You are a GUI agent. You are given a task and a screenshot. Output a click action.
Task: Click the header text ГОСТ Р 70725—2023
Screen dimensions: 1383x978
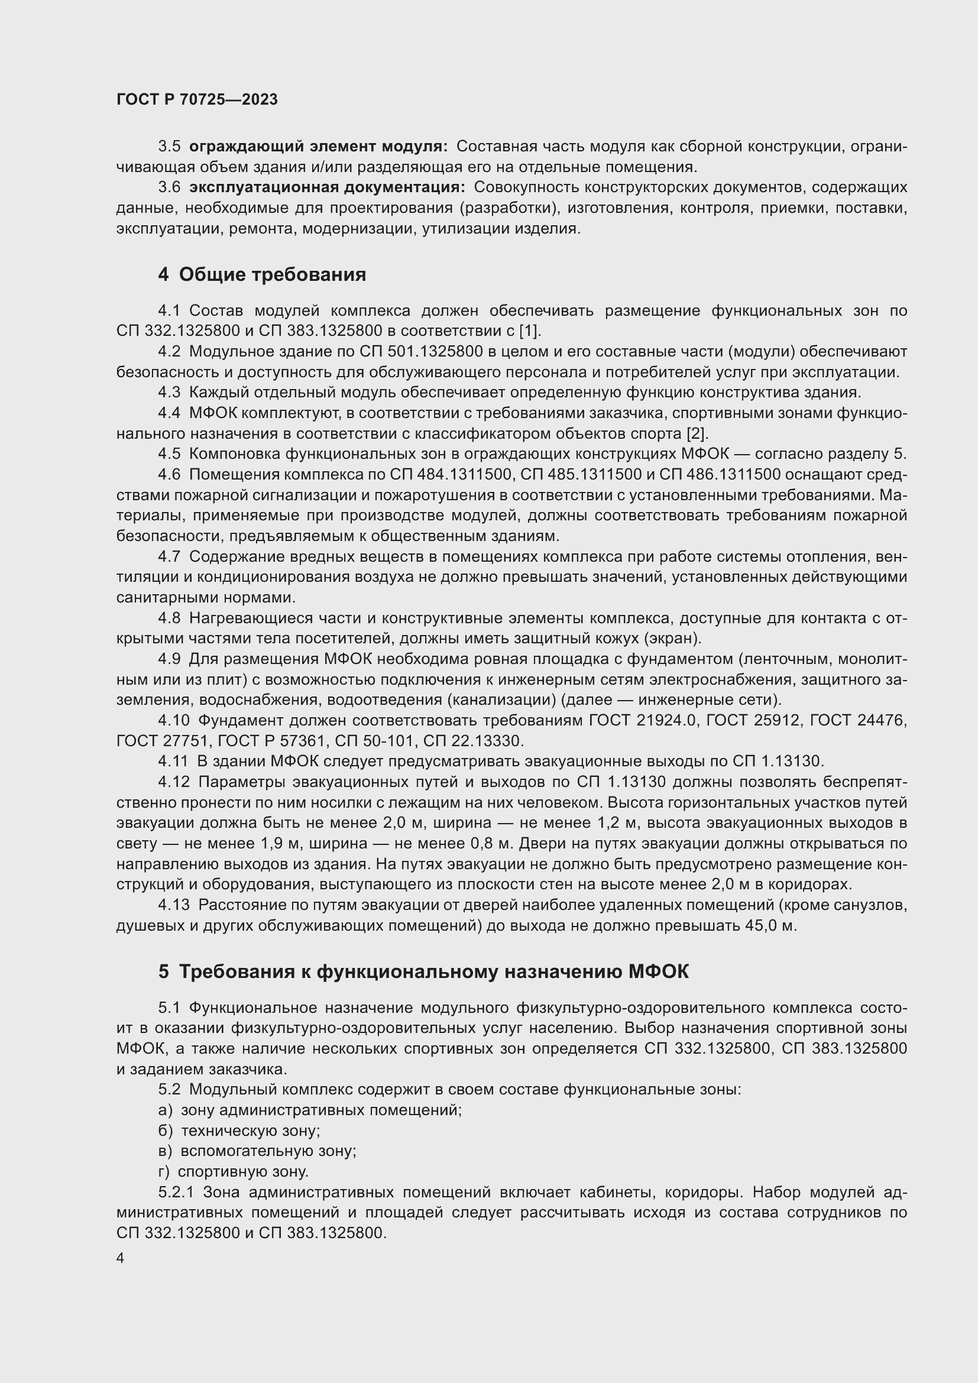[197, 99]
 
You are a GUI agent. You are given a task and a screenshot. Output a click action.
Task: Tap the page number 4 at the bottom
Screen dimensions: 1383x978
[121, 1259]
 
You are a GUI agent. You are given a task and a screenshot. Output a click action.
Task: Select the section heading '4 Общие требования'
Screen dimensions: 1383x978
[262, 275]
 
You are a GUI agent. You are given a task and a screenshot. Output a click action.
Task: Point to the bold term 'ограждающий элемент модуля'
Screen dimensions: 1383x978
[318, 147]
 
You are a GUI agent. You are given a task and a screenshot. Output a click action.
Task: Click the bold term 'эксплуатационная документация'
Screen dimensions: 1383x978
[327, 187]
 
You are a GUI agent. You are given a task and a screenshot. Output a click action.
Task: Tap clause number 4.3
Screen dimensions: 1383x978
[169, 393]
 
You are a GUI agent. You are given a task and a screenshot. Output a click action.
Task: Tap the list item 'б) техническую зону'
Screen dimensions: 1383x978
[239, 1131]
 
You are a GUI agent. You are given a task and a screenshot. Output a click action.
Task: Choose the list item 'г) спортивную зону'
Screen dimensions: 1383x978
[234, 1171]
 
